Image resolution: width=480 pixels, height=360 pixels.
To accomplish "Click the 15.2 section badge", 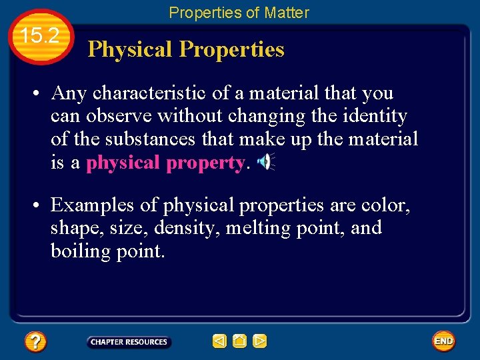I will pos(41,37).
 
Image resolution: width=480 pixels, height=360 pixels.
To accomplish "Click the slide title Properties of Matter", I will pos(239,12).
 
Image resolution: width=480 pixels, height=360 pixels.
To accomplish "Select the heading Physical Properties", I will pos(186,49).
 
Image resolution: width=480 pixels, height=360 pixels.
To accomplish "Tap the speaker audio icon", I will pos(265,161).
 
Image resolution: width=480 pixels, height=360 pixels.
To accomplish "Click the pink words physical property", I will pos(166,162).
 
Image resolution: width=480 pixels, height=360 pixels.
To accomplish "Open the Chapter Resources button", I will pos(129,342).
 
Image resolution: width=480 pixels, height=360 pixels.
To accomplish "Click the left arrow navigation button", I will pos(219,341).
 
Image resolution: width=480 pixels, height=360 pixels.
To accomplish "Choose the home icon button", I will pos(239,341).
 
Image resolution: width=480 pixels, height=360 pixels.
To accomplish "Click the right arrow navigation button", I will pos(260,341).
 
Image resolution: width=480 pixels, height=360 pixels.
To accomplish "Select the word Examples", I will pos(93,205).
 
